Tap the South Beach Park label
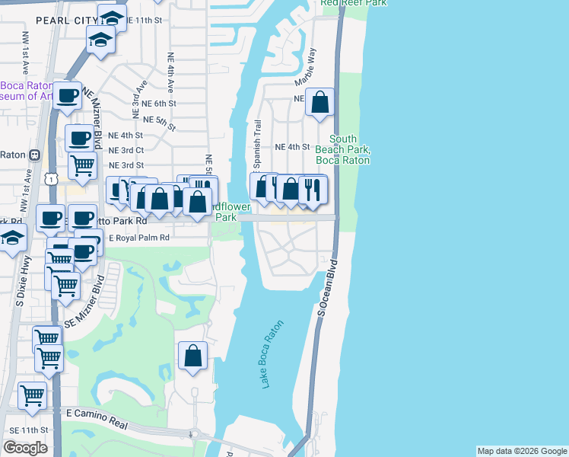point(348,149)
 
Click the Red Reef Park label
point(353,3)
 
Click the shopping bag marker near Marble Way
point(320,102)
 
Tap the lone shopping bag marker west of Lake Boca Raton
point(193,355)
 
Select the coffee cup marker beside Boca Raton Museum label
point(67,96)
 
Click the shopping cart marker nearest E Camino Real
point(33,395)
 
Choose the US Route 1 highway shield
point(51,177)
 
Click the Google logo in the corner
point(25,447)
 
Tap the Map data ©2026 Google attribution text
point(521,451)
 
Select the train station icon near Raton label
point(34,154)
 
